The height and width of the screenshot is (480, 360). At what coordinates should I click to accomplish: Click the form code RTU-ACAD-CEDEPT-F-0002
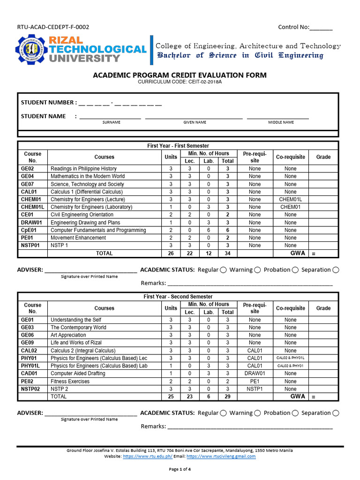(x=53, y=27)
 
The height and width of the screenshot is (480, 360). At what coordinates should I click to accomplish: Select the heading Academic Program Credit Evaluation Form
(x=180, y=75)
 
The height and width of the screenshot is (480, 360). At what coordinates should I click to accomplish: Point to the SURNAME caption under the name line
(x=112, y=122)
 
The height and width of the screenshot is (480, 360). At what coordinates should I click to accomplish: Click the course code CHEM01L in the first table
(x=32, y=207)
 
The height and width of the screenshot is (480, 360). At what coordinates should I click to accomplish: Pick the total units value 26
(x=171, y=253)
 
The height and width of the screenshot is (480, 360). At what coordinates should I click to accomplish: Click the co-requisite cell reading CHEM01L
(x=290, y=199)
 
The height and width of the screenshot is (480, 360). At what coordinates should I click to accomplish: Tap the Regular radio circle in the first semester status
(x=224, y=270)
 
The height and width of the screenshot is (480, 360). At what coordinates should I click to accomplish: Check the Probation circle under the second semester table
(x=295, y=413)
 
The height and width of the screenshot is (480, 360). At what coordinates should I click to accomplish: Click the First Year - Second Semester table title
(x=178, y=297)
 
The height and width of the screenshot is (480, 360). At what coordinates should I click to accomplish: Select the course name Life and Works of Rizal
(x=77, y=343)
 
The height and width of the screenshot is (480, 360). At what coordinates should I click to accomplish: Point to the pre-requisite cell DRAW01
(x=255, y=374)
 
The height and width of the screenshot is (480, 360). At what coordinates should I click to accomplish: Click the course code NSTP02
(x=30, y=389)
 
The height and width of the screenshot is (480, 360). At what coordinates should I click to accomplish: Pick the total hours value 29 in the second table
(x=227, y=397)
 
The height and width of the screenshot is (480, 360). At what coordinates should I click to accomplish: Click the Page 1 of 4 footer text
(x=180, y=469)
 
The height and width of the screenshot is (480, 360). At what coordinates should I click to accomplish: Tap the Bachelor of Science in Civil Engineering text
(x=240, y=56)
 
